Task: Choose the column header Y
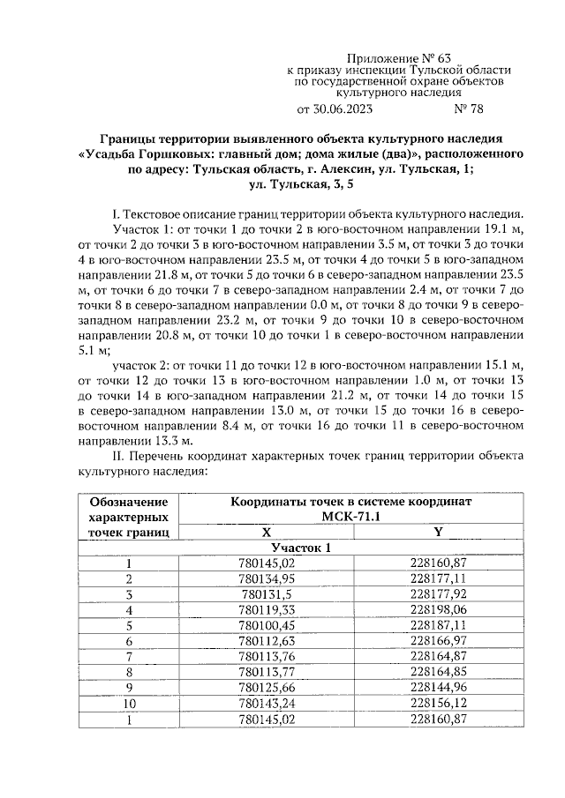click(439, 532)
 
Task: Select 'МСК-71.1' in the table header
click(352, 517)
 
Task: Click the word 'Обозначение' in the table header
click(129, 502)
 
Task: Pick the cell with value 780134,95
click(266, 578)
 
